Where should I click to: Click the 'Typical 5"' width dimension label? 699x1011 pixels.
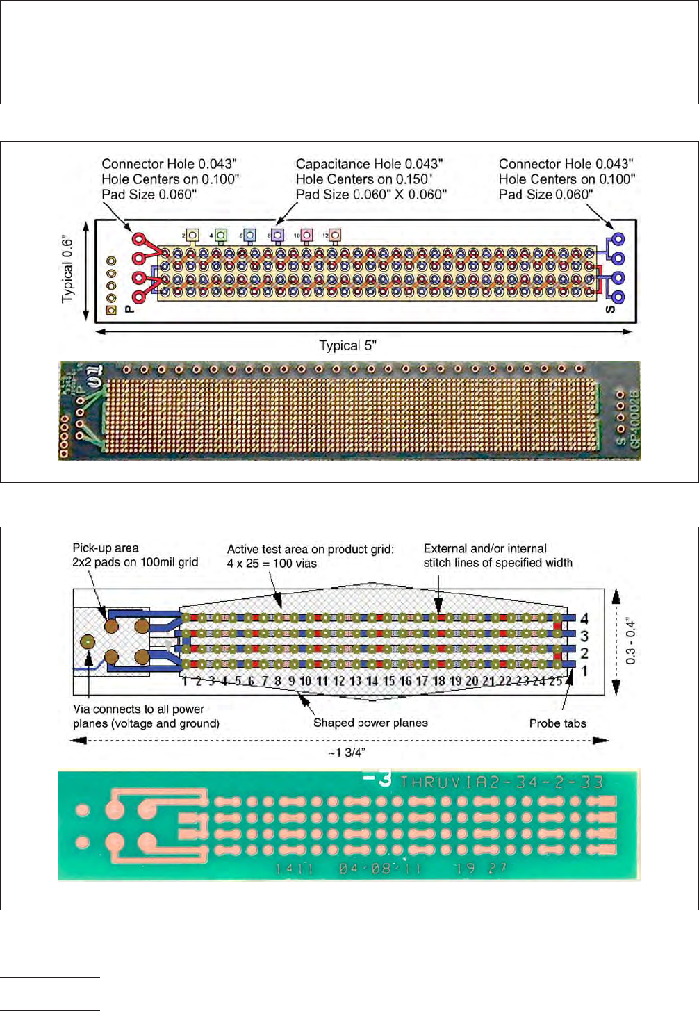(347, 345)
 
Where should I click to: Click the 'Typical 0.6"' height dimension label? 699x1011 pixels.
(68, 270)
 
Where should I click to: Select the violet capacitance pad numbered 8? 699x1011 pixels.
(277, 235)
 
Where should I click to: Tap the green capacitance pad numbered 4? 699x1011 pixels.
(221, 235)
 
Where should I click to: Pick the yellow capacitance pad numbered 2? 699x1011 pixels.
(192, 236)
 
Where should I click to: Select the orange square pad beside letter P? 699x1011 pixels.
(111, 310)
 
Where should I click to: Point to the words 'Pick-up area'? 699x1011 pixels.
(106, 548)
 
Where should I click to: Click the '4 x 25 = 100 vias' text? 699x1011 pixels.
(272, 564)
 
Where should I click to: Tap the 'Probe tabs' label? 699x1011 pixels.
(557, 723)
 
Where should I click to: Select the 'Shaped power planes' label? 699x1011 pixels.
(370, 723)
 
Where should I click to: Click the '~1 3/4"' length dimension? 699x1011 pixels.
(347, 753)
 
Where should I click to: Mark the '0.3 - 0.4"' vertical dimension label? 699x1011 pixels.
(630, 641)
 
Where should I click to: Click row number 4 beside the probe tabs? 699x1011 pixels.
(584, 618)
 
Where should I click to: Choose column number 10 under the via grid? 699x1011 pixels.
(305, 681)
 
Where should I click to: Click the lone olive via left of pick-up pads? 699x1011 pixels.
(88, 641)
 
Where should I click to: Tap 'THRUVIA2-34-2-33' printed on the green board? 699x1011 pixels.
(502, 782)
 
